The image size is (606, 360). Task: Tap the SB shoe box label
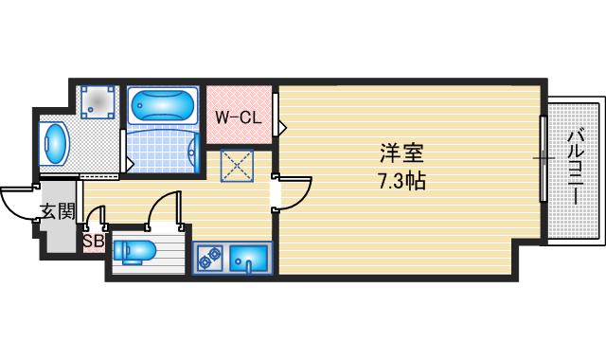pos(93,241)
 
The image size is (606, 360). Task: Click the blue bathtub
pos(162,104)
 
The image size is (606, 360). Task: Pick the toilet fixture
pos(136,252)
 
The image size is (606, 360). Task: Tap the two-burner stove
pos(210,255)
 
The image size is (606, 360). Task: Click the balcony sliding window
pos(543,158)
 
